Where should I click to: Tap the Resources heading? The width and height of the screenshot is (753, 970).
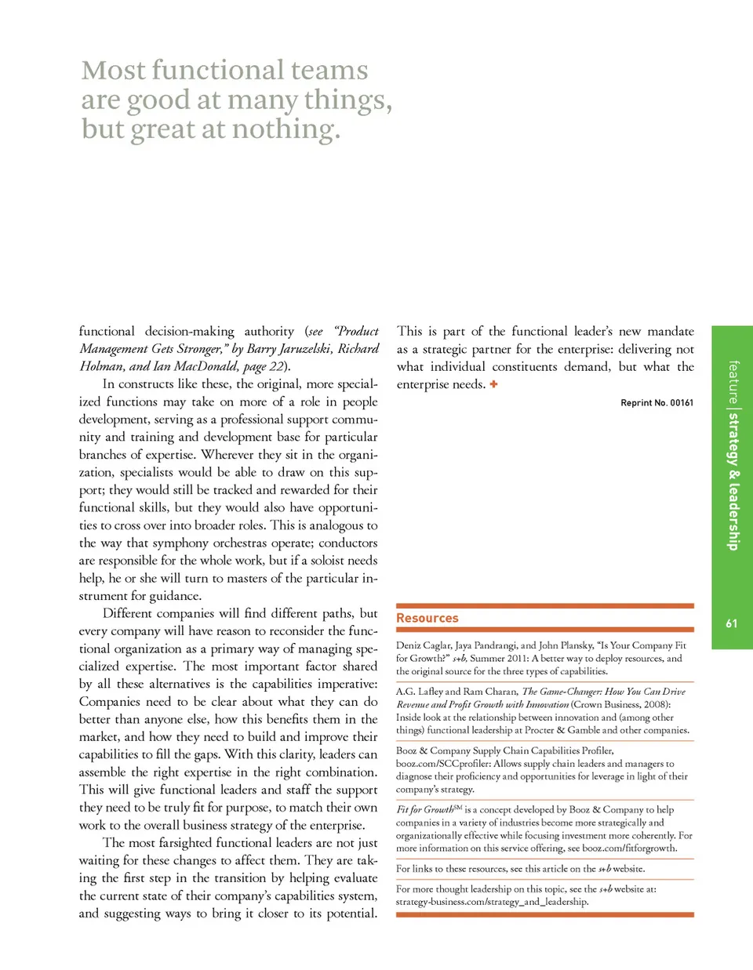click(427, 618)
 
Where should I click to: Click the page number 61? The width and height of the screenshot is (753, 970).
click(731, 623)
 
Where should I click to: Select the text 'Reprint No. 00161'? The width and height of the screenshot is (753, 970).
click(657, 403)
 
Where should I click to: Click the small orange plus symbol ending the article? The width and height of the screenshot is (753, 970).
click(493, 384)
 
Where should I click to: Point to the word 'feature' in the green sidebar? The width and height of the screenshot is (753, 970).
click(733, 382)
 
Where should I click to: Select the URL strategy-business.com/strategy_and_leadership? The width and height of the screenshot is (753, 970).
click(492, 902)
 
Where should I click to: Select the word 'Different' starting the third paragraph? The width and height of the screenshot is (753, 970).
click(131, 613)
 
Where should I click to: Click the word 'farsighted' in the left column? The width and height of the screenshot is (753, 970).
click(184, 842)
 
